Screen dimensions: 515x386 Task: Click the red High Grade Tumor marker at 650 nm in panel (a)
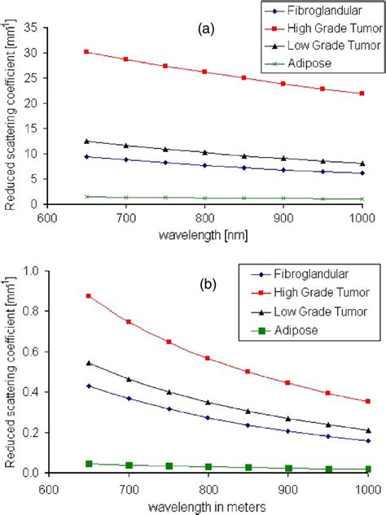tap(87, 51)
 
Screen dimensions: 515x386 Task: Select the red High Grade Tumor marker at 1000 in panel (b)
tap(367, 401)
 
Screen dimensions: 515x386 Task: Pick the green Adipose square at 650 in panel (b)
tap(89, 464)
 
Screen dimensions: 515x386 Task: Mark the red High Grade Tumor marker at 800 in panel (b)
tap(208, 358)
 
